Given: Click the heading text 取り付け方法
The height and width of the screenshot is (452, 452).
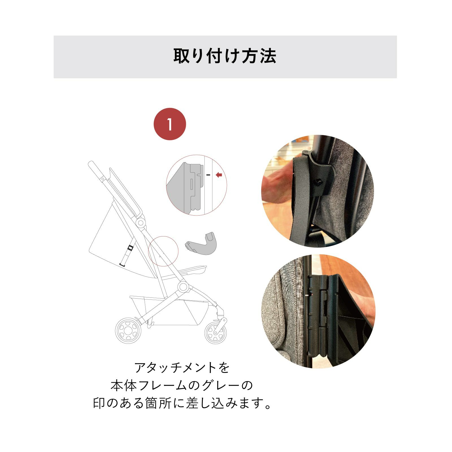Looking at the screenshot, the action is (x=225, y=56).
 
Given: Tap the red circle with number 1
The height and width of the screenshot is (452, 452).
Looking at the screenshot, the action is (x=170, y=124).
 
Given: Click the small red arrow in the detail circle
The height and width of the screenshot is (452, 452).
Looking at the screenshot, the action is (x=219, y=175).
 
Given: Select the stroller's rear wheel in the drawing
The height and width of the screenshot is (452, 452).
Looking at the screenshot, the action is (x=128, y=331).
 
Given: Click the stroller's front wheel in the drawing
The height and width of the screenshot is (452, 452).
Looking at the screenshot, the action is (x=216, y=332).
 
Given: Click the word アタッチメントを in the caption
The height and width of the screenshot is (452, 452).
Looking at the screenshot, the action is (x=182, y=368).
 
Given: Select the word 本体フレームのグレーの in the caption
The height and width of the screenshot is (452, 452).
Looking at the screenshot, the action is (x=182, y=386).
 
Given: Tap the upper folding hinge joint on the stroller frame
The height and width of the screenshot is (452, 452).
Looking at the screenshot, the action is (x=140, y=223).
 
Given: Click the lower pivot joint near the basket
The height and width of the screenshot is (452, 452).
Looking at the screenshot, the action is (x=183, y=287).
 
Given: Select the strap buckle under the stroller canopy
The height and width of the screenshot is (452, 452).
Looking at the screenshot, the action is (x=130, y=248).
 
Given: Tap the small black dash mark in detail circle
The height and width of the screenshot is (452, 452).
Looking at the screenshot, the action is (x=208, y=175).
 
